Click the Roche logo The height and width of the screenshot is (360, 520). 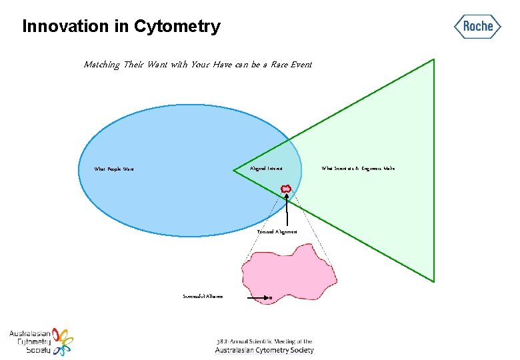pyautogui.click(x=478, y=27)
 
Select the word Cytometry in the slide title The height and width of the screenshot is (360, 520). pyautogui.click(x=177, y=27)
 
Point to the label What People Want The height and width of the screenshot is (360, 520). pyautogui.click(x=114, y=169)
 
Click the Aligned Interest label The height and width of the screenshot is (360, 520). pyautogui.click(x=266, y=169)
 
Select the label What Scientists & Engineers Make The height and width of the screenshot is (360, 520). pyautogui.click(x=358, y=169)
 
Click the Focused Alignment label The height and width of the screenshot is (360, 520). pyautogui.click(x=277, y=231)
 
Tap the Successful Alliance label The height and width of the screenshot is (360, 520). pyautogui.click(x=203, y=296)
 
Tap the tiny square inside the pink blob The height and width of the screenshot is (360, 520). pyautogui.click(x=271, y=297)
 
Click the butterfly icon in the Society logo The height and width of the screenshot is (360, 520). pyautogui.click(x=63, y=341)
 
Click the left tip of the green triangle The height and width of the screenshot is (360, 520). pyautogui.click(x=234, y=171)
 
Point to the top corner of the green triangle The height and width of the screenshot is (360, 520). pyautogui.click(x=433, y=59)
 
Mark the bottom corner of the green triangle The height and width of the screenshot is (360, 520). pyautogui.click(x=434, y=281)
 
